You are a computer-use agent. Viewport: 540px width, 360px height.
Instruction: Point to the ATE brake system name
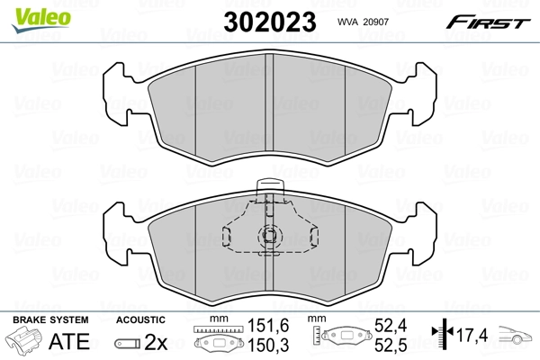click(x=69, y=342)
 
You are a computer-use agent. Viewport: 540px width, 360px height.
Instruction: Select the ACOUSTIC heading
click(x=141, y=319)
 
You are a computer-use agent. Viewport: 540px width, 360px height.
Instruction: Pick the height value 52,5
click(x=391, y=346)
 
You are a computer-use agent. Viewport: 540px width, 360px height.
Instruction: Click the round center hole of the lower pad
click(x=270, y=237)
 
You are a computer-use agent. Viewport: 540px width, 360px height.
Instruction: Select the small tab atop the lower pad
click(x=270, y=189)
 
